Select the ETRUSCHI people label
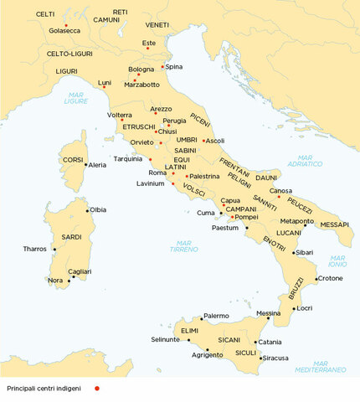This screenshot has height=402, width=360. tap(139, 126)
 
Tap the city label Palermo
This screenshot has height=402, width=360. tap(216, 316)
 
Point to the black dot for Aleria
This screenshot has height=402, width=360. tap(86, 165)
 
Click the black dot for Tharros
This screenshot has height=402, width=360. tap(54, 249)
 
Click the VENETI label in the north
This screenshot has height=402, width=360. tap(157, 25)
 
